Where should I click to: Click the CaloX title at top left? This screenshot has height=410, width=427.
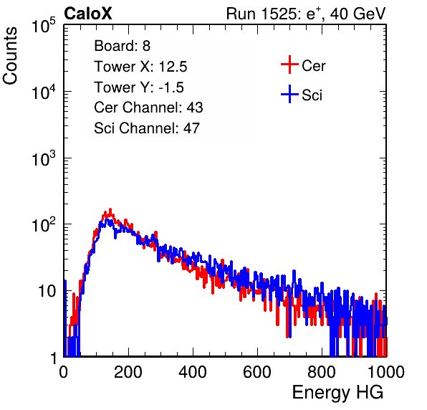pyautogui.click(x=88, y=14)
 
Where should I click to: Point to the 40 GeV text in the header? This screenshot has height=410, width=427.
pyautogui.click(x=358, y=14)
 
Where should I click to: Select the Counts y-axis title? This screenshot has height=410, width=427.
pyautogui.click(x=10, y=56)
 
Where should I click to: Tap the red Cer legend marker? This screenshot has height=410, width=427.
pyautogui.click(x=289, y=65)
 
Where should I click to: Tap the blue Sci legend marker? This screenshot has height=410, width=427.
pyautogui.click(x=289, y=94)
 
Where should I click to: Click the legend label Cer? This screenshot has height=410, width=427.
pyautogui.click(x=313, y=66)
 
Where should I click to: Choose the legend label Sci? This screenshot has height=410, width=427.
pyautogui.click(x=312, y=95)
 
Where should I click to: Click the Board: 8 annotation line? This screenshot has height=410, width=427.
pyautogui.click(x=123, y=46)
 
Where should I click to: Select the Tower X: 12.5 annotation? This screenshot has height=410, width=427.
pyautogui.click(x=140, y=67)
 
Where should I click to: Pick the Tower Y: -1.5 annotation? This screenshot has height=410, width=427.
pyautogui.click(x=139, y=87)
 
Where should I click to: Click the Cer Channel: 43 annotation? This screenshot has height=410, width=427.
pyautogui.click(x=148, y=108)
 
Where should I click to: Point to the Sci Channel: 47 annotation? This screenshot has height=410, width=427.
pyautogui.click(x=147, y=128)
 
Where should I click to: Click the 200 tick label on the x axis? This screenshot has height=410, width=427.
pyautogui.click(x=128, y=372)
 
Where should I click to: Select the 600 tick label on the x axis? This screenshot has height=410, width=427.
pyautogui.click(x=257, y=372)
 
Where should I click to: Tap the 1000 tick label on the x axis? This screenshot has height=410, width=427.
pyautogui.click(x=386, y=372)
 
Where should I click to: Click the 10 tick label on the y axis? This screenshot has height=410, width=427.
pyautogui.click(x=47, y=292)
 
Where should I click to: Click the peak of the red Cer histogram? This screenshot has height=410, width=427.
pyautogui.click(x=110, y=209)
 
